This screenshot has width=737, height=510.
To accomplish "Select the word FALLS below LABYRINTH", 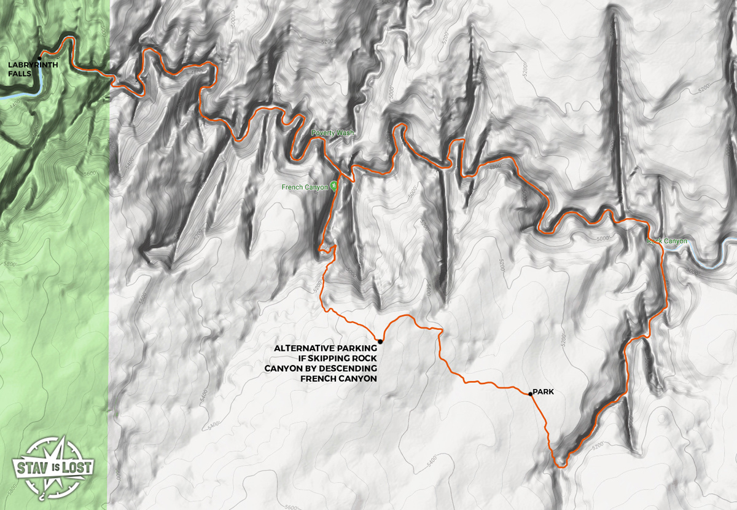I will [x=19, y=74].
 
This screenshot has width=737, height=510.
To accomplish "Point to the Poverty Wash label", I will [x=332, y=133].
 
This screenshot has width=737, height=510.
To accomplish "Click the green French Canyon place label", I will [x=305, y=187].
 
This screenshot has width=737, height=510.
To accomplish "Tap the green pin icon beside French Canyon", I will [x=333, y=185].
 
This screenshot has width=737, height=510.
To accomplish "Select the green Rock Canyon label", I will [x=667, y=241].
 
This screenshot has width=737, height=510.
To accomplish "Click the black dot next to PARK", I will [x=530, y=394].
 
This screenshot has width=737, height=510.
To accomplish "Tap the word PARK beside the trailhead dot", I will [x=544, y=391].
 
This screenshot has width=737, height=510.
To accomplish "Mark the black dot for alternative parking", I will [x=380, y=342].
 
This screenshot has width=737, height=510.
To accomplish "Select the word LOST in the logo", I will [x=78, y=466].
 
